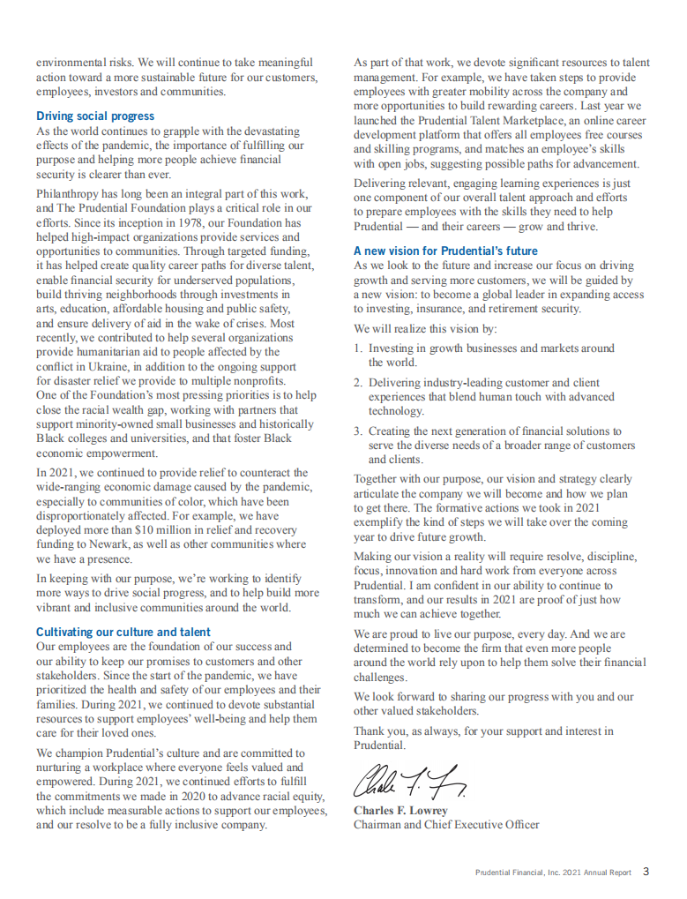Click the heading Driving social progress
[95, 116]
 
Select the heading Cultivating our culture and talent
[123, 632]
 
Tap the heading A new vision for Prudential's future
[445, 251]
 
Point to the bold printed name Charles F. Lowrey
[400, 810]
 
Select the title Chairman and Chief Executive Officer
[446, 825]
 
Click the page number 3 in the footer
[646, 872]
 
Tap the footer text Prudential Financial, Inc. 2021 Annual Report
[553, 873]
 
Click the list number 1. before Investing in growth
[358, 348]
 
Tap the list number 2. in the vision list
[358, 383]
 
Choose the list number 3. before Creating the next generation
[358, 431]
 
